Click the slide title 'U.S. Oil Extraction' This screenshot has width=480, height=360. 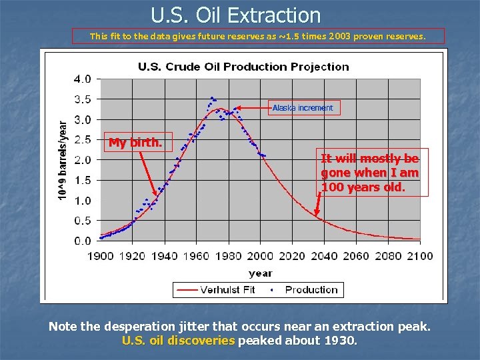pos(235,15)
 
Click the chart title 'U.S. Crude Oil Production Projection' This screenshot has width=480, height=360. pos(243,67)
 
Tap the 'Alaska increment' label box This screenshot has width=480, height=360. pos(303,107)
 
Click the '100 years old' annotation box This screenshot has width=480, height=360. pos(370,173)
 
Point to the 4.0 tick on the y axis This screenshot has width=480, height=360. pos(83,79)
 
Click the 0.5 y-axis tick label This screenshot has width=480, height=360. pos(83,221)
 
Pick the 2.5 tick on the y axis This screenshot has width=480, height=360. pos(83,139)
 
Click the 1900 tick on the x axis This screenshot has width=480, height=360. pos(101,255)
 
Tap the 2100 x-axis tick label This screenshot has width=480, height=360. pos(419,255)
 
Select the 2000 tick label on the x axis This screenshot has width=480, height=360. pos(261,255)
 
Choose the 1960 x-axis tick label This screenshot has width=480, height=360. pos(197,255)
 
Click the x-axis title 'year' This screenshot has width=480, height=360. pos(260,273)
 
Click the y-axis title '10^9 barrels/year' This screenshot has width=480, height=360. pos(62,160)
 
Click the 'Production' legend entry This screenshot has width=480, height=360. pos(311,289)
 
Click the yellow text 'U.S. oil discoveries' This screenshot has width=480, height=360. pos(179,341)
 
